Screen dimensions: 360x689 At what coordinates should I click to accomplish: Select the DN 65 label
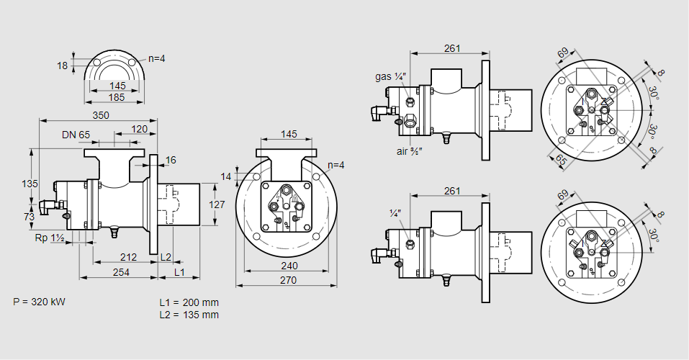coord(76,135)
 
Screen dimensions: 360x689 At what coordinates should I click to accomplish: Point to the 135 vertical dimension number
coord(30,184)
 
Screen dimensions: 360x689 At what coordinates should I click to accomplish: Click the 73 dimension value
coord(30,217)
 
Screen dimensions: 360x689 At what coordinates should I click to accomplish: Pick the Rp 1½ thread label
coord(50,238)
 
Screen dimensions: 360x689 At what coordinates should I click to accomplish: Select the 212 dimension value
coord(129,257)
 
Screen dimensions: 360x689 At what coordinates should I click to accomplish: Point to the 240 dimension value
coord(287,266)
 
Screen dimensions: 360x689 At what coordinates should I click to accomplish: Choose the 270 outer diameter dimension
coord(287,280)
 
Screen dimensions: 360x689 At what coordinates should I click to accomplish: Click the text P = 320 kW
coord(39,302)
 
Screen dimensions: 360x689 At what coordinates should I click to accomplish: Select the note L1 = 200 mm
coord(189,302)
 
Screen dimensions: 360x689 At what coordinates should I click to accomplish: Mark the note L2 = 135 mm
coord(189,315)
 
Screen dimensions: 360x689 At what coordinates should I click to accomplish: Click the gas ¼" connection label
coord(391,76)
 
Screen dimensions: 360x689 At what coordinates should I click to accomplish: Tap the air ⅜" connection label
coord(408,151)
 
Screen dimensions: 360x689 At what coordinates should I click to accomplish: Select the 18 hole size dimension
coord(63,66)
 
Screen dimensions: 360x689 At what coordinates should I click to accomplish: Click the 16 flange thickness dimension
coord(171,160)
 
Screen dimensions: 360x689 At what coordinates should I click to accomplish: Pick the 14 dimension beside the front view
coord(227,176)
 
